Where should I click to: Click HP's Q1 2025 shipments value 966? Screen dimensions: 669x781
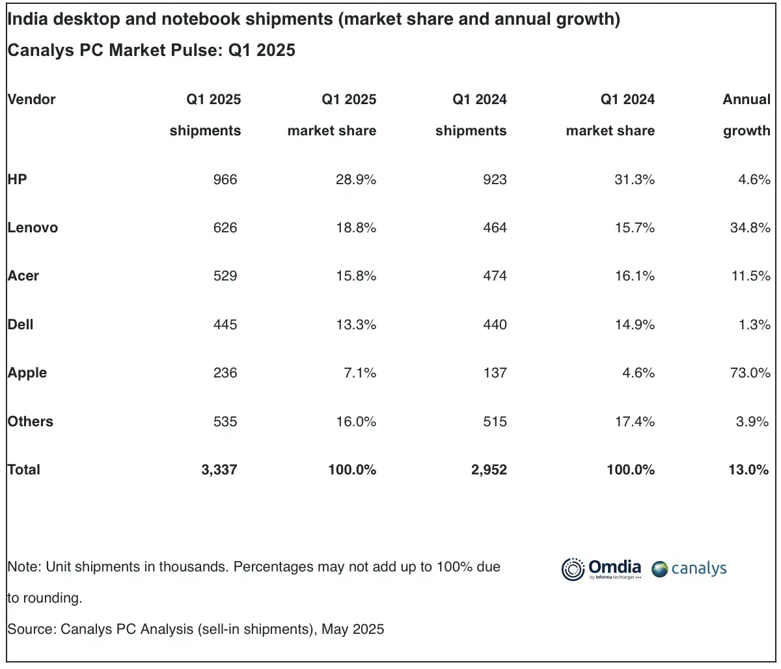click(x=225, y=180)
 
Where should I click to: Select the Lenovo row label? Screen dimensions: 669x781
click(x=33, y=228)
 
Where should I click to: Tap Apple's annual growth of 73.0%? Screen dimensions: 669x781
click(x=750, y=373)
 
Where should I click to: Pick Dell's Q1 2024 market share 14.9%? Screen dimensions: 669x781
click(x=635, y=325)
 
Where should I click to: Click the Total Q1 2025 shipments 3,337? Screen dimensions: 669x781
click(x=219, y=470)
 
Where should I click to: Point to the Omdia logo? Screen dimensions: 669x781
click(x=601, y=568)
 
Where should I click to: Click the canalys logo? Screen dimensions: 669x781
click(x=689, y=569)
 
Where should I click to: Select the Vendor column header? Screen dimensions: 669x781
click(x=31, y=100)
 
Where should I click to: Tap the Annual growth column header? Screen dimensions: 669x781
click(x=747, y=115)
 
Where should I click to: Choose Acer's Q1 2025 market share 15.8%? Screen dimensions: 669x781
click(x=356, y=276)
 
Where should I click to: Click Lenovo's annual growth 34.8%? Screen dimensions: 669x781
click(x=750, y=228)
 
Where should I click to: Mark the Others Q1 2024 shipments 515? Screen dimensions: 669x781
click(x=495, y=422)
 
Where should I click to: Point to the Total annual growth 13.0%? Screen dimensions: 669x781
click(x=748, y=470)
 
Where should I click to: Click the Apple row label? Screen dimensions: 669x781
click(x=27, y=373)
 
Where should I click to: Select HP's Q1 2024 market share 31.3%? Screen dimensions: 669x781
click(x=635, y=180)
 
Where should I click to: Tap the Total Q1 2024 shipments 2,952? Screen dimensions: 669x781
click(x=489, y=470)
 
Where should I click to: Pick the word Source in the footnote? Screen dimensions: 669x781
click(x=31, y=629)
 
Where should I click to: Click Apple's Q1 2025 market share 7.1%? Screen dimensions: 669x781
click(x=360, y=373)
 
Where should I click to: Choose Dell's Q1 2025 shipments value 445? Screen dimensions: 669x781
click(x=225, y=325)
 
